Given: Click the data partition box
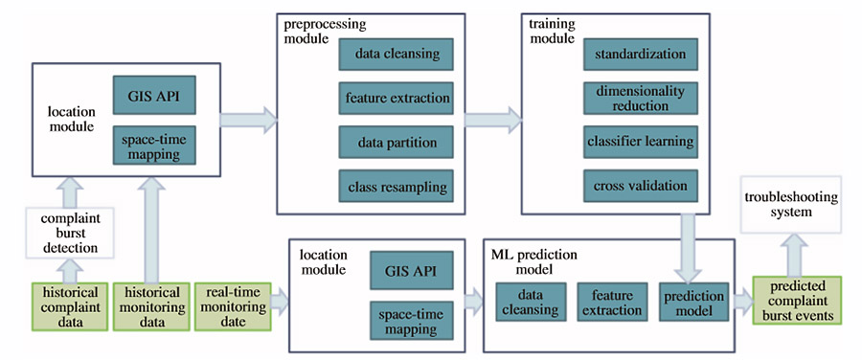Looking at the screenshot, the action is (x=397, y=143).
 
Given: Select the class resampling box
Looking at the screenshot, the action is (x=397, y=187).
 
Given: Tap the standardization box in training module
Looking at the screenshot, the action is (x=641, y=54).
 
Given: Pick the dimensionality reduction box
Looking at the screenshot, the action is (x=641, y=98).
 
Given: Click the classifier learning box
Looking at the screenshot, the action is (x=641, y=142).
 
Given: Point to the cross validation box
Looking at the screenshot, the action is (x=641, y=186).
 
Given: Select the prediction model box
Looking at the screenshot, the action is (x=694, y=302).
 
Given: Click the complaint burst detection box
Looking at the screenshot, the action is (x=69, y=233).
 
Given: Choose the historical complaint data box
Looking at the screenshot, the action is (x=70, y=306).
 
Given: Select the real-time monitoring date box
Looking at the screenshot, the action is (x=233, y=306).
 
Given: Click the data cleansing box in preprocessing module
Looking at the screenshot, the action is (x=397, y=54).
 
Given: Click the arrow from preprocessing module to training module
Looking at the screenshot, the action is (x=493, y=120).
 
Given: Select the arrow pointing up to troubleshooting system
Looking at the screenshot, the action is (x=797, y=254).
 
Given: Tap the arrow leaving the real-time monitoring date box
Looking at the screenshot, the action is (x=280, y=303).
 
